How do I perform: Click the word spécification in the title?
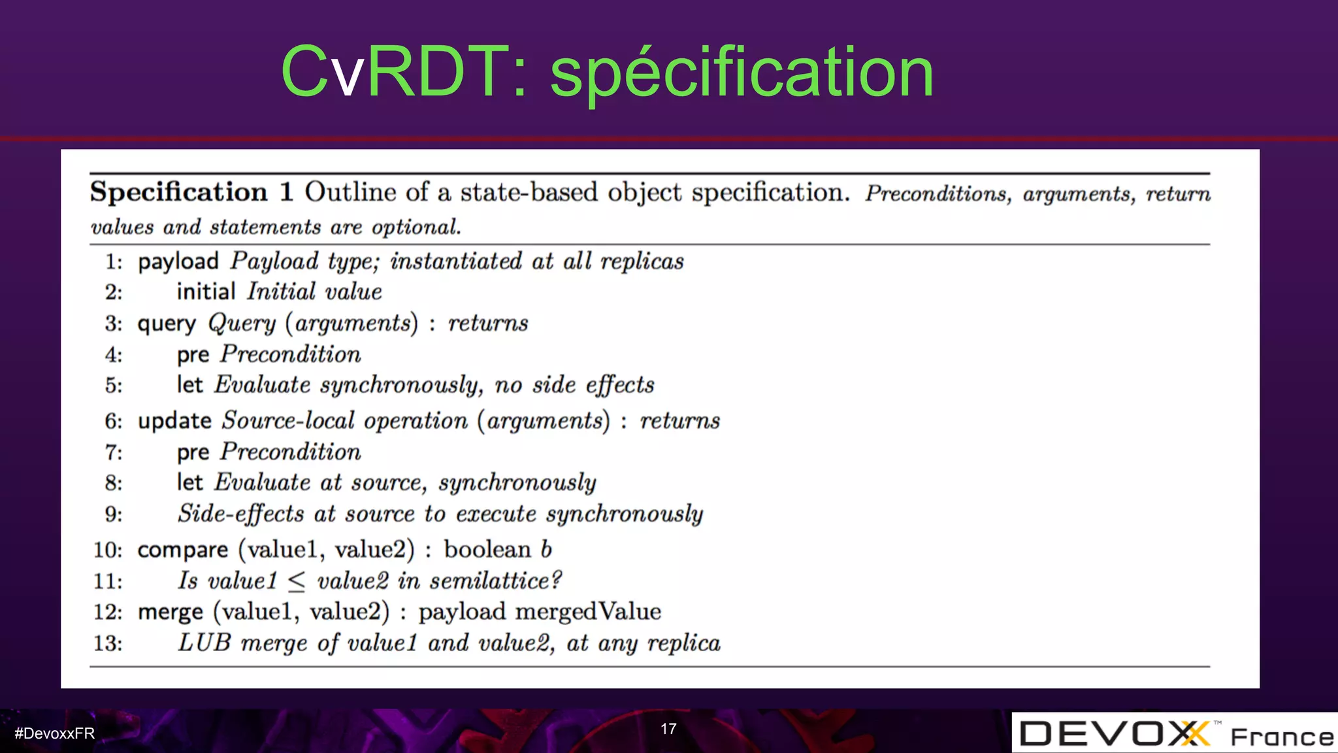pyautogui.click(x=742, y=73)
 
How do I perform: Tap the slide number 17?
pyautogui.click(x=668, y=729)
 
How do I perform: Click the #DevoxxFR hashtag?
pyautogui.click(x=55, y=733)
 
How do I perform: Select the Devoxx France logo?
pyautogui.click(x=1175, y=733)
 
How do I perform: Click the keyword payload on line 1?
pyautogui.click(x=178, y=261)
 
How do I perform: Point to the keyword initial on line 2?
pyautogui.click(x=206, y=292)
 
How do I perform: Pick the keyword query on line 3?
pyautogui.click(x=167, y=324)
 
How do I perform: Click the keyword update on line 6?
pyautogui.click(x=174, y=421)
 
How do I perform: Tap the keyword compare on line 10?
pyautogui.click(x=183, y=550)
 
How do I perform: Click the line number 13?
pyautogui.click(x=108, y=643)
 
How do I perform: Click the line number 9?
pyautogui.click(x=114, y=514)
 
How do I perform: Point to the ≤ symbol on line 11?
pyautogui.click(x=297, y=581)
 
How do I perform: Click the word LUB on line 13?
pyautogui.click(x=204, y=643)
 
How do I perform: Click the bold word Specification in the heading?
pyautogui.click(x=179, y=192)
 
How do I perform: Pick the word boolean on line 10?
pyautogui.click(x=487, y=550)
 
